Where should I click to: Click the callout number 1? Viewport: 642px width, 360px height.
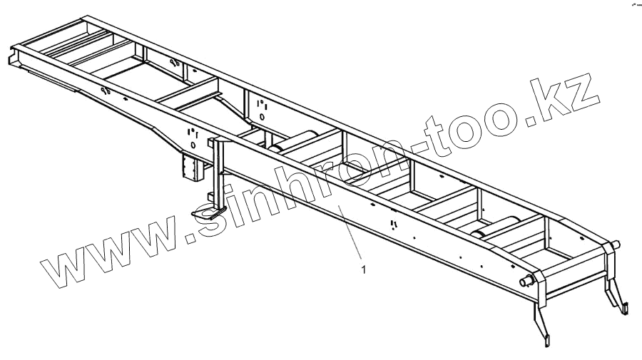[365, 269]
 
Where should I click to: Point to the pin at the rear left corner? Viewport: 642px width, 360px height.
[529, 282]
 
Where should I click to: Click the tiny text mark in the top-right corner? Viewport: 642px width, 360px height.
[633, 5]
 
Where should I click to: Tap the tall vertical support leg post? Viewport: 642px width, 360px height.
[215, 171]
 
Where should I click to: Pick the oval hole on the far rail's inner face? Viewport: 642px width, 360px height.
[262, 115]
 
